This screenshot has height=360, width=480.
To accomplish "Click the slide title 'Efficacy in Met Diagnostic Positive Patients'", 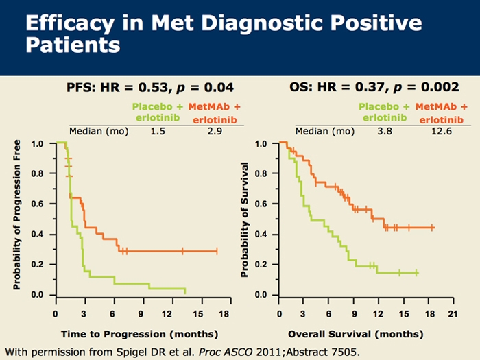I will (222, 34).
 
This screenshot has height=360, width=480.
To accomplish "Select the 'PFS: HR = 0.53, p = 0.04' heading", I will (150, 87).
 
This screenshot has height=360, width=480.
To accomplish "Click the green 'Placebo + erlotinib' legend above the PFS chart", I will (159, 112).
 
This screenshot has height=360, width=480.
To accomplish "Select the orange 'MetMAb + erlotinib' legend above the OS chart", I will (441, 112).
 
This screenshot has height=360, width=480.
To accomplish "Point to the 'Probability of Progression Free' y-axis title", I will (16, 215).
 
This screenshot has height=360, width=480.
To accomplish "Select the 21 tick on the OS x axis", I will (451, 313).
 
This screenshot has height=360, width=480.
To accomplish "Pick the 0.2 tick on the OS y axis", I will (261, 265).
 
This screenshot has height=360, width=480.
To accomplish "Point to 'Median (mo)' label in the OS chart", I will (319, 130).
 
